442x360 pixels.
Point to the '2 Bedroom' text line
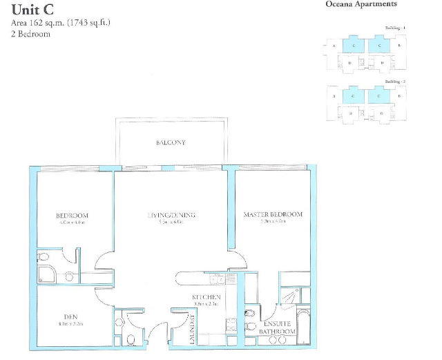tap(30, 33)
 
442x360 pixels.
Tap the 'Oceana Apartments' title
tap(361, 4)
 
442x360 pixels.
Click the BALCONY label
tap(170, 143)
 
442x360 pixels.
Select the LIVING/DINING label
tap(171, 215)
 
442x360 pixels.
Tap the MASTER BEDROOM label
tap(273, 215)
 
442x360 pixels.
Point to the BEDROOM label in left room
tap(72, 216)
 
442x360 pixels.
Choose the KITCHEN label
tap(206, 297)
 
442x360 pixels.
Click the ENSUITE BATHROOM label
tap(278, 328)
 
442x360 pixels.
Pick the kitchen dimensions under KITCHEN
tap(206, 304)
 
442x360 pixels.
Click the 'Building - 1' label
tap(394, 27)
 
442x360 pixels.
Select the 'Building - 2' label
tap(394, 82)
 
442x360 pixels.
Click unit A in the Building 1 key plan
tap(334, 46)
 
